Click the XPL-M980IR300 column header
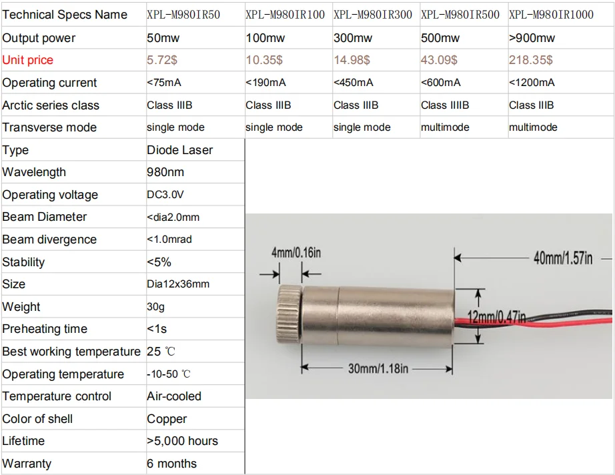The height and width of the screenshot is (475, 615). tap(373, 15)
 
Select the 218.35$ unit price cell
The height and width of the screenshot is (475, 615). tap(531, 60)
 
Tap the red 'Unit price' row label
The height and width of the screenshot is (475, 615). tap(27, 60)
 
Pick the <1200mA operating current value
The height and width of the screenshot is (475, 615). tap(532, 83)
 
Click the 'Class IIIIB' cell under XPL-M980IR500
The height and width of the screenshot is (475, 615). tap(445, 105)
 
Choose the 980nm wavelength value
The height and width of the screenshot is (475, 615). tap(165, 172)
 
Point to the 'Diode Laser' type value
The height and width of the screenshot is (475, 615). tap(179, 150)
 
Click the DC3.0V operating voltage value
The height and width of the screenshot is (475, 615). tap(165, 195)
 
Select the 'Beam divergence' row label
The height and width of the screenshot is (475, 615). tap(49, 240)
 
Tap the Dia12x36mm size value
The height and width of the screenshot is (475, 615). tap(178, 284)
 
